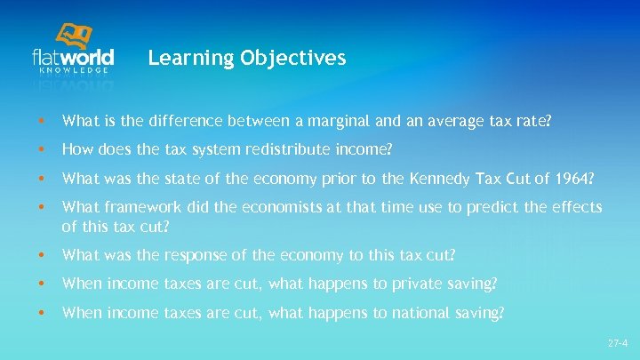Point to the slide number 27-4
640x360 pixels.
pos(618,342)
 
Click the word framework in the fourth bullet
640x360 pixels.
pos(133,207)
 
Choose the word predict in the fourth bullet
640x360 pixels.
pos(488,207)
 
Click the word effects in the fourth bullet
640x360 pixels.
pos(579,207)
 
